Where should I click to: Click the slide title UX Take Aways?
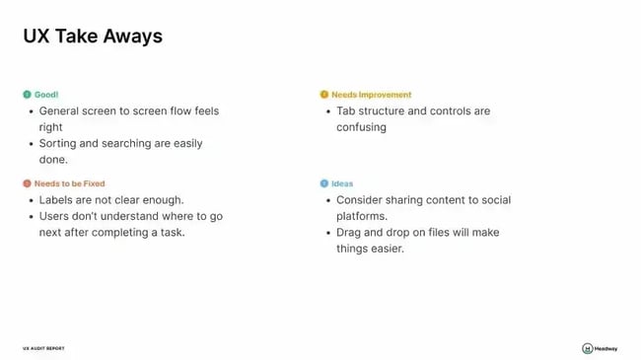(93, 36)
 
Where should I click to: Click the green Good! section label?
(46, 95)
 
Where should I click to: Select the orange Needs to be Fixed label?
(69, 183)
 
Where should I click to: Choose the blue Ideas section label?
(342, 183)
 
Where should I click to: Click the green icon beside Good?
(27, 95)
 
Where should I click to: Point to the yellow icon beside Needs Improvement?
(323, 95)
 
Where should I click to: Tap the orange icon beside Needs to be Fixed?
(27, 183)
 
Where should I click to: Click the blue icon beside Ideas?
(323, 183)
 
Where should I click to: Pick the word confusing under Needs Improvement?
(361, 127)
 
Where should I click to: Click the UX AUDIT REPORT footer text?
(43, 348)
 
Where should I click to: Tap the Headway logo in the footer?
(600, 348)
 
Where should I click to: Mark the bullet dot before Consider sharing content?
(327, 200)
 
